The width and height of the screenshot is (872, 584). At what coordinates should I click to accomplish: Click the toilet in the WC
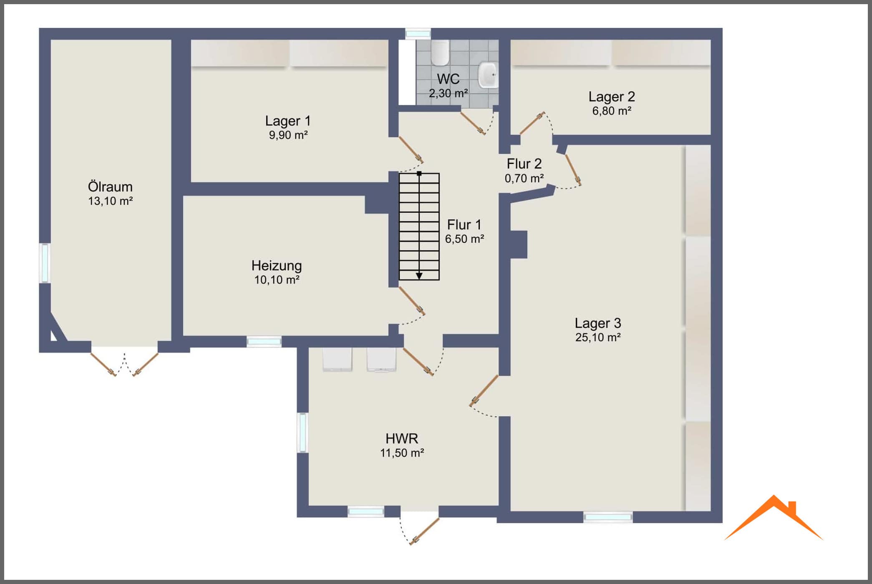[440, 53]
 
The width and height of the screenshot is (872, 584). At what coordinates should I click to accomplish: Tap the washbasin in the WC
[488, 75]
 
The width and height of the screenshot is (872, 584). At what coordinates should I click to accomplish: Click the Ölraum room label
[110, 186]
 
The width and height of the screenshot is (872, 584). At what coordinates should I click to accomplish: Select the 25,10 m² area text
[598, 337]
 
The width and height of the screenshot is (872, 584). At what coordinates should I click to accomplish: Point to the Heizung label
[277, 266]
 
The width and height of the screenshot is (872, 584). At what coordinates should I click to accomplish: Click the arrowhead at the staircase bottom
[419, 276]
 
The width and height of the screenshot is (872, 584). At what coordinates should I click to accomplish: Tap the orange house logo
[774, 518]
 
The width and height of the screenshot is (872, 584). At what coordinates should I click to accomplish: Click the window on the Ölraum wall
[45, 263]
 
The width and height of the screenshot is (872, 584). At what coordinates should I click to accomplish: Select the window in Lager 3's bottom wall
[608, 517]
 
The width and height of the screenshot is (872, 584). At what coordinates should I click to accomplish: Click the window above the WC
[418, 33]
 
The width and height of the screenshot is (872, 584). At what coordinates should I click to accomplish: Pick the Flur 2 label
[524, 164]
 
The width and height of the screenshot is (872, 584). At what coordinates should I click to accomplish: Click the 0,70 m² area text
[524, 179]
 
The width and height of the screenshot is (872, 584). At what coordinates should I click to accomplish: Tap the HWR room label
[402, 438]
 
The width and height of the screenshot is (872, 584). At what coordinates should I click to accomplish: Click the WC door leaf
[473, 123]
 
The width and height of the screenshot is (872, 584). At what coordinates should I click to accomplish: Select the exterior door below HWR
[424, 531]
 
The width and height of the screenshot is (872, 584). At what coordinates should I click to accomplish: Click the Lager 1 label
[288, 121]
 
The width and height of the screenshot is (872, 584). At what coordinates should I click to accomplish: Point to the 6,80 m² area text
[612, 111]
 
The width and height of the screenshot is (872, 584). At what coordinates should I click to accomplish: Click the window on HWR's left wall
[302, 432]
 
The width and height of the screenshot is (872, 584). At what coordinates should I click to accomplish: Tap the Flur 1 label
[464, 225]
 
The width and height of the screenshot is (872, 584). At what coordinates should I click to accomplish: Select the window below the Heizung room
[264, 342]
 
